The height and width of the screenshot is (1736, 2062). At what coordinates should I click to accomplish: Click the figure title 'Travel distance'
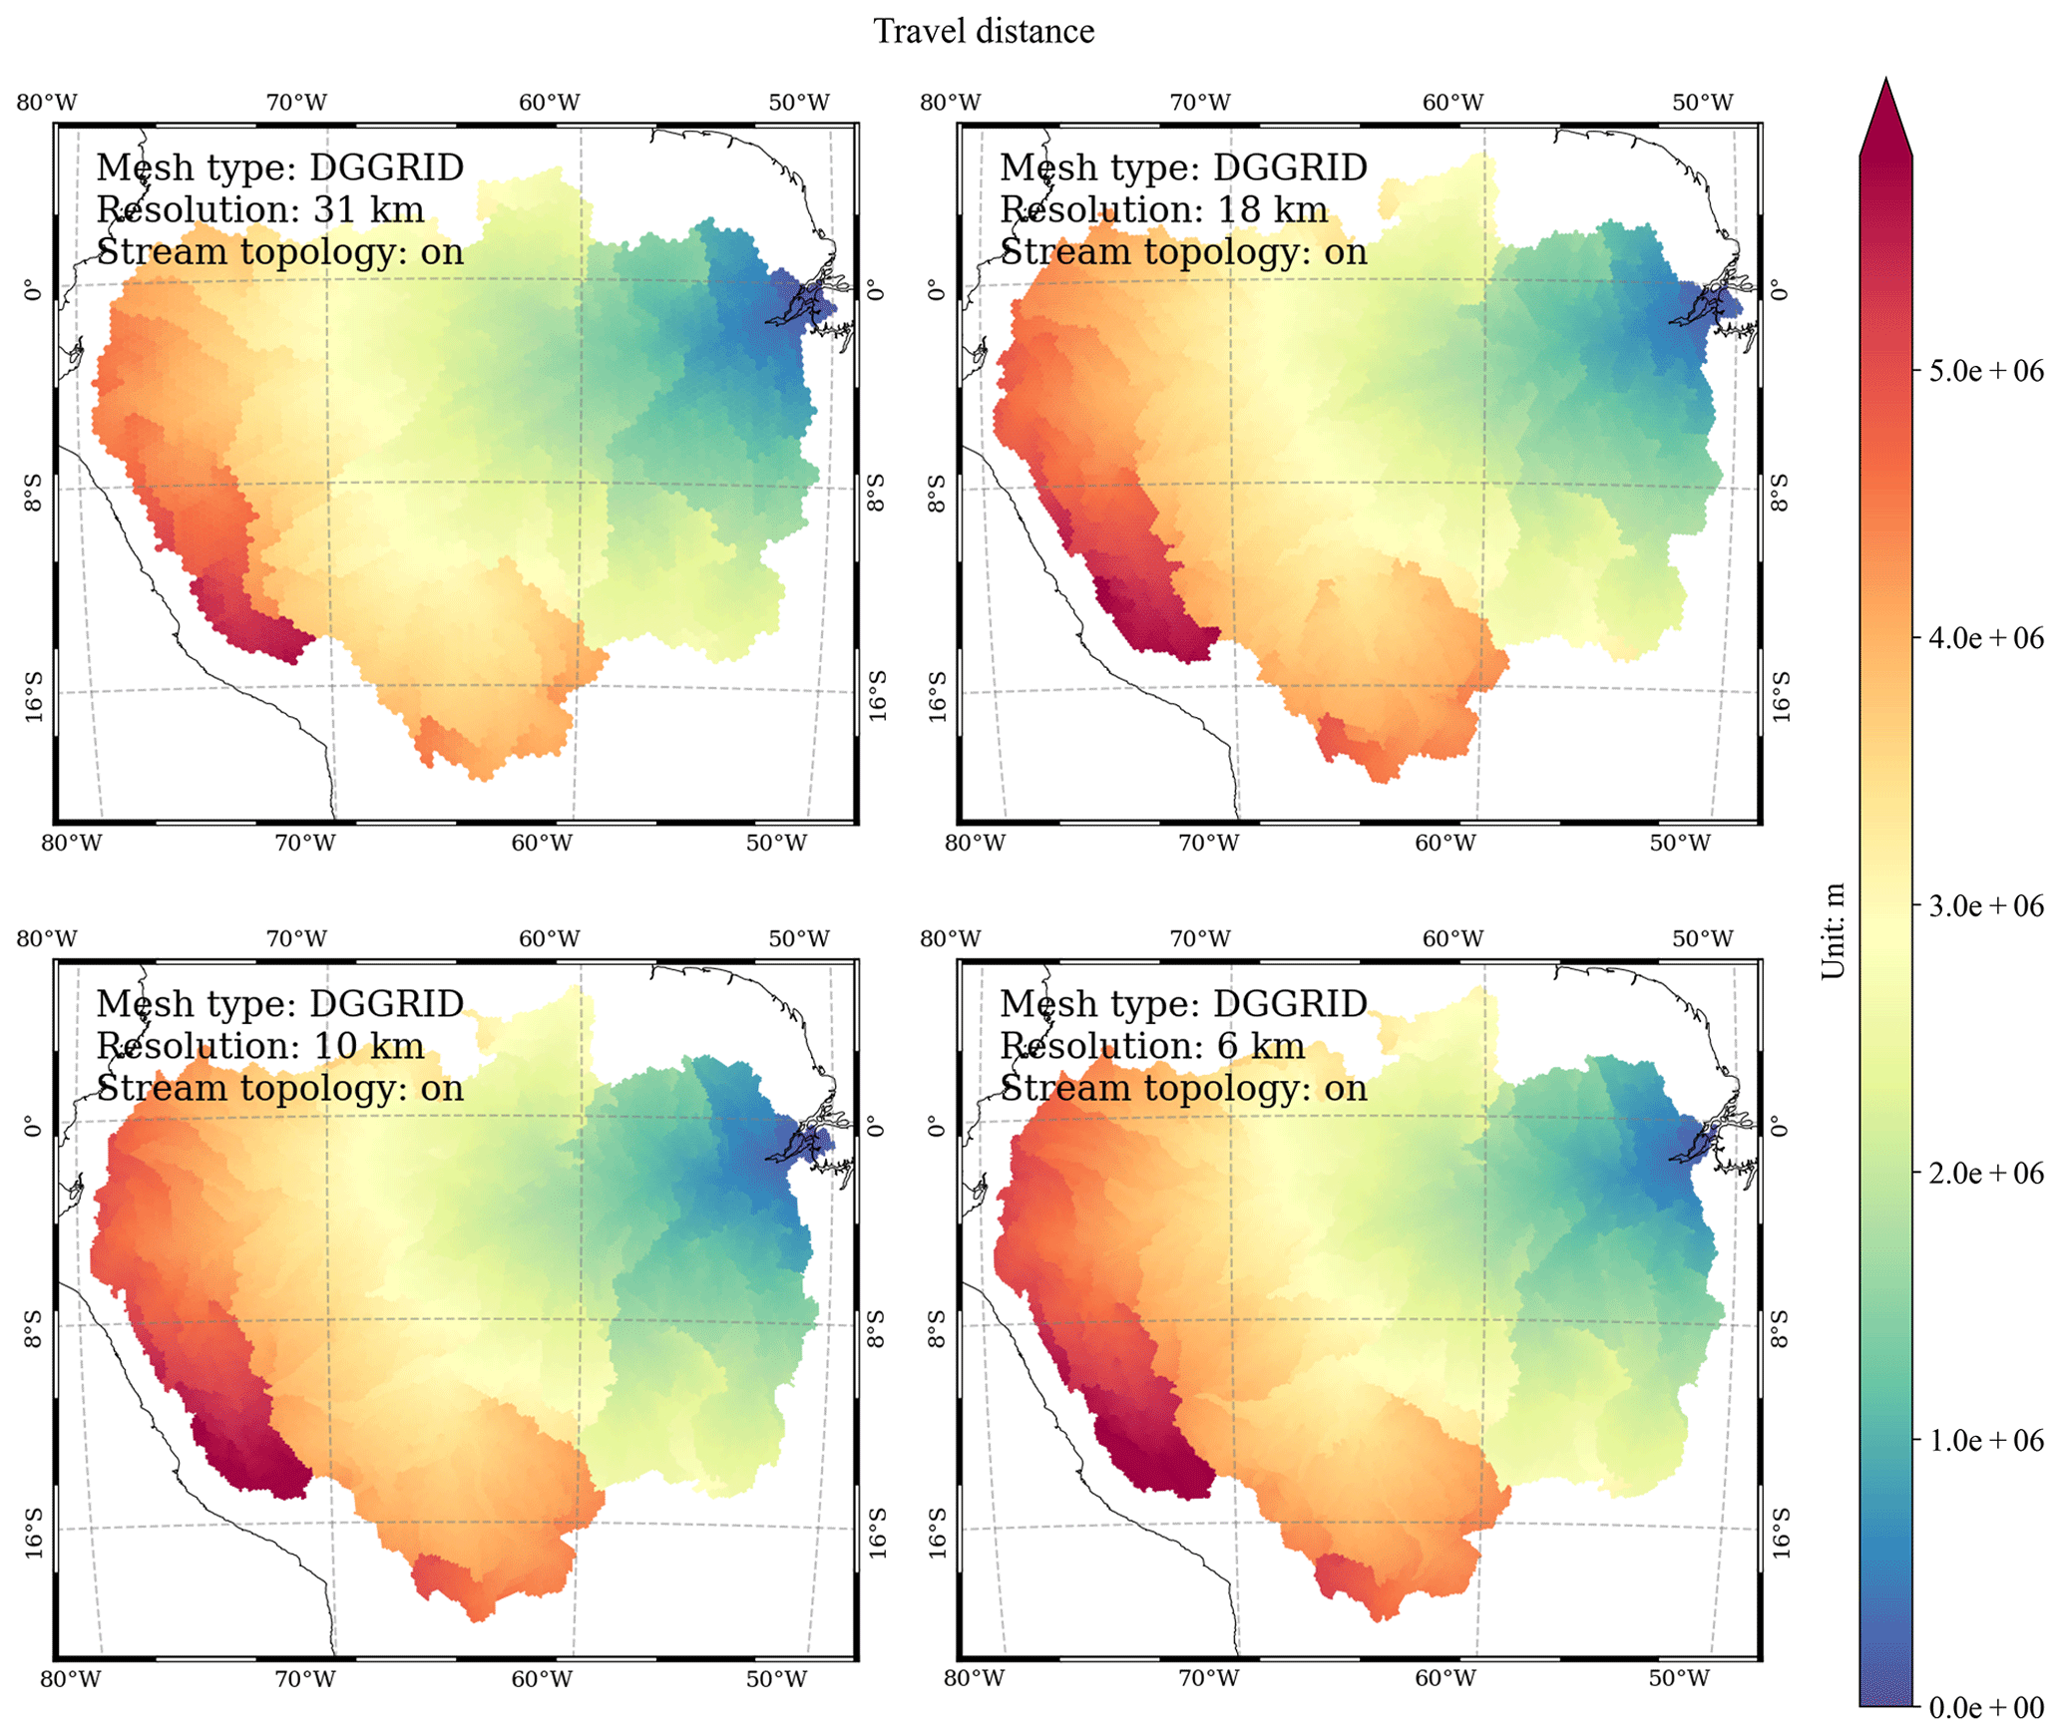(984, 32)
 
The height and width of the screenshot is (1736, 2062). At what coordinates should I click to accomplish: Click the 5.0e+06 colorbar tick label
(1985, 371)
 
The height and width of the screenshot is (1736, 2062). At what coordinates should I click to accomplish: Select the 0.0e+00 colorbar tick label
(1985, 1708)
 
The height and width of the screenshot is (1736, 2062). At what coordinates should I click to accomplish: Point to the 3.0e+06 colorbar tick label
(1985, 905)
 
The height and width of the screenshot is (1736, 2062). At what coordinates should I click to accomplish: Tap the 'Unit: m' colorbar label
(1833, 931)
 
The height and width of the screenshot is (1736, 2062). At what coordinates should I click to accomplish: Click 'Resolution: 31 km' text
(259, 210)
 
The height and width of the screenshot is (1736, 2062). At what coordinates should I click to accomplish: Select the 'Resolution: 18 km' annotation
(1163, 210)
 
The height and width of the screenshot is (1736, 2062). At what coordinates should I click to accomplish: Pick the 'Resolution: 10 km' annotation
(259, 1046)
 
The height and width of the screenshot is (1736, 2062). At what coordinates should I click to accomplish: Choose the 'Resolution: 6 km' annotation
(1152, 1046)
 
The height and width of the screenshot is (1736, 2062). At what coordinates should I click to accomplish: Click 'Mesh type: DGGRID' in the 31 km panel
(279, 168)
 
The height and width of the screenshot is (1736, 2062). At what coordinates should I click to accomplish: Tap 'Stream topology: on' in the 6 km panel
(1183, 1088)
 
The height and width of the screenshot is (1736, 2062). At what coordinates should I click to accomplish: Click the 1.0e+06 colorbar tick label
(1985, 1441)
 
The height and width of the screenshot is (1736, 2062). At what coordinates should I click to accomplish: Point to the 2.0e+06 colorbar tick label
(1985, 1174)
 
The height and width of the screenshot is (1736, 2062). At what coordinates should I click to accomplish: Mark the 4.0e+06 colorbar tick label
(1985, 638)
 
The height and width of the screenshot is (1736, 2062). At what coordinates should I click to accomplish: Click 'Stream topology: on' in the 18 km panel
(1183, 252)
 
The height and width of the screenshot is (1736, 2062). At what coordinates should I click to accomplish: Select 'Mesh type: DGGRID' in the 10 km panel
(279, 1004)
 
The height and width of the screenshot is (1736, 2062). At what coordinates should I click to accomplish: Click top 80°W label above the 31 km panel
(47, 103)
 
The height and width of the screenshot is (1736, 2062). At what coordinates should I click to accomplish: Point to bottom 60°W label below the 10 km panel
(542, 1679)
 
